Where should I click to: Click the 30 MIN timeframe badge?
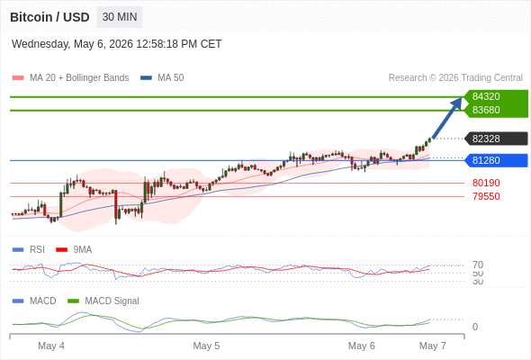coord(120,17)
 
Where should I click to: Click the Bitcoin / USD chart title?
coord(49,17)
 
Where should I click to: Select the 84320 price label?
coord(486,96)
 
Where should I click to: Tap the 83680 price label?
coord(486,110)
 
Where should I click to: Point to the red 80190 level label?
coord(486,183)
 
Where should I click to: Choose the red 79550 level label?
coord(486,196)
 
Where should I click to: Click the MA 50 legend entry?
coord(162,78)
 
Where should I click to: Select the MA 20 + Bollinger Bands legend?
coord(70,78)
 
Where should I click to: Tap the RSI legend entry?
coord(29,249)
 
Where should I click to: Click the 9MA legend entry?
coord(74,249)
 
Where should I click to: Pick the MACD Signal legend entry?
coord(103,301)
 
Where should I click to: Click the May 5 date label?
coord(206,346)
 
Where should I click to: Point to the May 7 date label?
coord(433,346)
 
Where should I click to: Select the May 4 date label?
coord(51,346)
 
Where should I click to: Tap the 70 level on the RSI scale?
coord(478,265)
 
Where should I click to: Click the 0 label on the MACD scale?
coord(475,327)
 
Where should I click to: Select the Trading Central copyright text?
coord(455,78)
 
